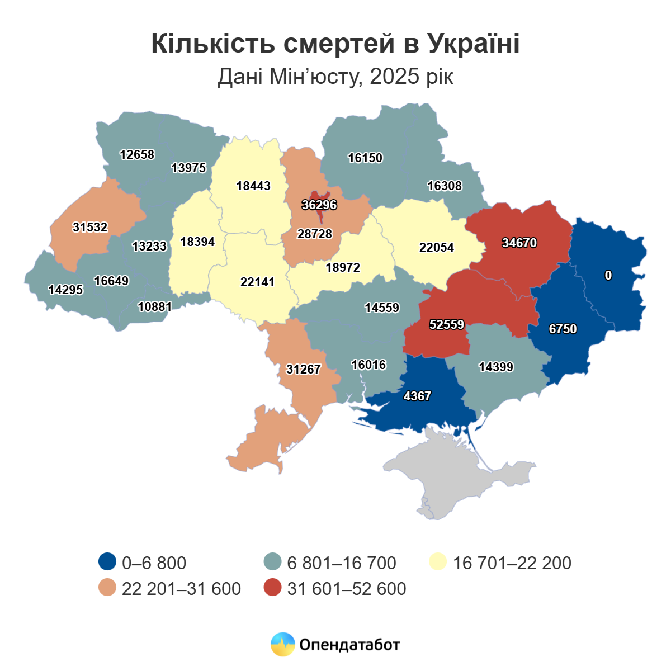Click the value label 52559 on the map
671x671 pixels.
coord(447,324)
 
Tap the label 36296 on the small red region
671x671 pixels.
coord(319,205)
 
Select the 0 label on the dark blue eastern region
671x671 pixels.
coord(608,275)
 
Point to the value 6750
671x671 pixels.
coord(563,329)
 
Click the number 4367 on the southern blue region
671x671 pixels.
coord(417,396)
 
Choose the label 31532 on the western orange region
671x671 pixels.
coord(90,227)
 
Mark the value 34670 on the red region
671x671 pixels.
coord(519,243)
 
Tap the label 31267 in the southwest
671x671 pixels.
coord(303,369)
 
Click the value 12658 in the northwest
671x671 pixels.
coord(137,154)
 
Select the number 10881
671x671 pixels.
coord(155,306)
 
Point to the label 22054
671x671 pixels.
coord(437,247)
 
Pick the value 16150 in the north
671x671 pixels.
coord(365,158)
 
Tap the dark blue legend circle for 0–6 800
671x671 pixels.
coord(107,562)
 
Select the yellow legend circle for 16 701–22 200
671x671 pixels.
coord(438,562)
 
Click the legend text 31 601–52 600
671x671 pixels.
coord(347,589)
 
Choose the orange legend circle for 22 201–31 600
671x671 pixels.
coord(107,588)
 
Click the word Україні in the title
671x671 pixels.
coord(474,44)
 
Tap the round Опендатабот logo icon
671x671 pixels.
coord(282,644)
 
